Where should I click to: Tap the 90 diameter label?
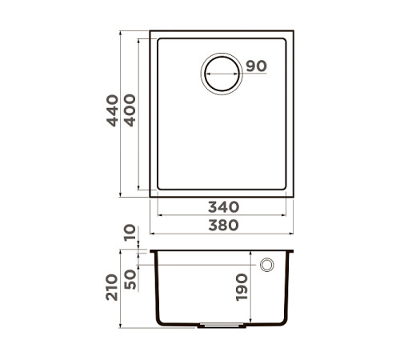[x=256, y=66]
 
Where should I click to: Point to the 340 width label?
[x=222, y=206]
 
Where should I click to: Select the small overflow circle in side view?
[x=267, y=265]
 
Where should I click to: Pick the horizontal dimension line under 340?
[x=222, y=215]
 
